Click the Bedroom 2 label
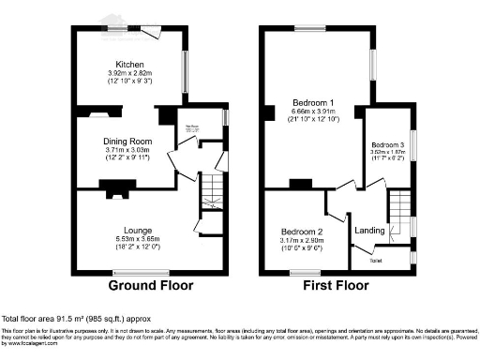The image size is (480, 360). click(301, 232)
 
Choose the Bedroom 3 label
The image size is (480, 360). click(388, 145)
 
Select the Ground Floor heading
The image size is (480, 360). click(151, 285)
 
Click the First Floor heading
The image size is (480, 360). click(337, 285)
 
